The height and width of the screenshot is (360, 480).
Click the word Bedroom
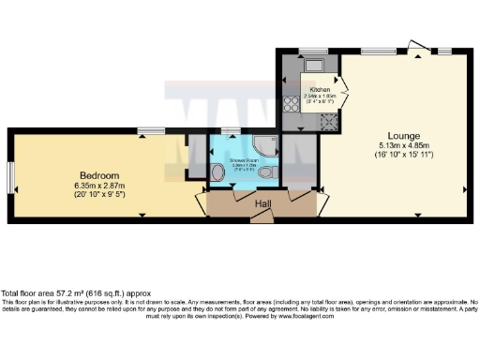point(98,175)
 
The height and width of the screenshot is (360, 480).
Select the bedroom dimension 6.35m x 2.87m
point(98,185)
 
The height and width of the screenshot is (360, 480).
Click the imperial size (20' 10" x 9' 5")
point(98,195)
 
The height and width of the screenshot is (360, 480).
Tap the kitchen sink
point(312,65)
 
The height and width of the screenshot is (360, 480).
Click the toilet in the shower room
point(267,174)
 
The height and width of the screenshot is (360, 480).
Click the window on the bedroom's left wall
point(10,175)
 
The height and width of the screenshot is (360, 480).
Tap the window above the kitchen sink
point(309,51)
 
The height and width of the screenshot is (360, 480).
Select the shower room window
point(231,130)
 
